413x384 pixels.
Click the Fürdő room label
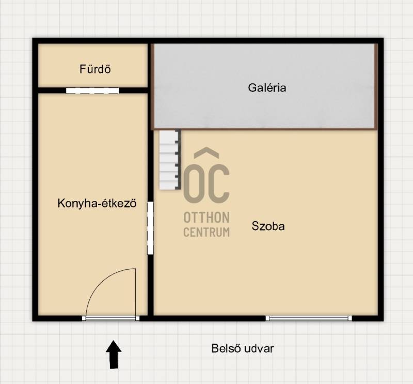pos(95,69)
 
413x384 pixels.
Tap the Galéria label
pos(267,87)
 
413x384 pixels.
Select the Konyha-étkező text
pos(97,203)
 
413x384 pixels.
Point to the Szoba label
pos(268,226)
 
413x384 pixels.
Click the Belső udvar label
pos(243,349)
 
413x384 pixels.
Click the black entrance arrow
pos(114,354)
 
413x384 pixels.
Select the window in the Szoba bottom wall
pos(309,318)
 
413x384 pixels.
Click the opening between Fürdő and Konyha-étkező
pos(92,91)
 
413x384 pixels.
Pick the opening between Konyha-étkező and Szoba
pos(150,228)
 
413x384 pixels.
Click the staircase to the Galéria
pos(170,160)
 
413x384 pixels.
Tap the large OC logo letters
pos(206,183)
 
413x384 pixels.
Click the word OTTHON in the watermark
pos(206,218)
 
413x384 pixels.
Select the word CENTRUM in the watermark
pos(206,232)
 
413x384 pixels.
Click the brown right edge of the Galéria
pos(376,86)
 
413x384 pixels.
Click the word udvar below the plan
pos(259,349)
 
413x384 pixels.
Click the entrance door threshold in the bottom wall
pos(110,318)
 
